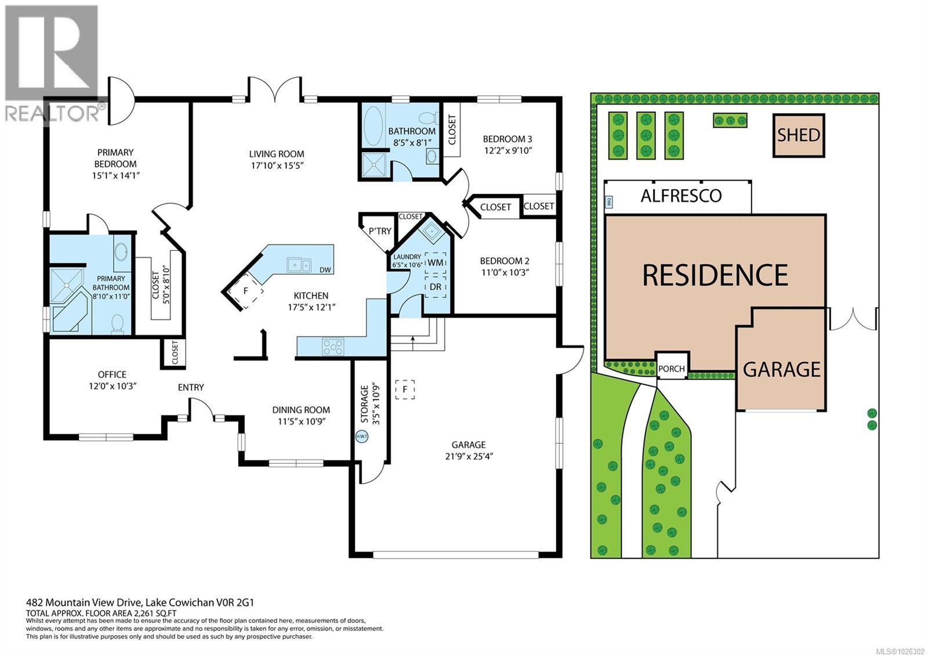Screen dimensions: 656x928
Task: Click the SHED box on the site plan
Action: coord(799,135)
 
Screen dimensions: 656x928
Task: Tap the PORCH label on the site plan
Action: coord(672,368)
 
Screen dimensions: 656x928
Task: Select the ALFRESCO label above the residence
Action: coord(681,196)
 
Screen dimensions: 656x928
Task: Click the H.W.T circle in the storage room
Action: coord(362,437)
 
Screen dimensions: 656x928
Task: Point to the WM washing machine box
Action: coord(436,262)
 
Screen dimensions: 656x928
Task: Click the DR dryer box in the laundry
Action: coord(436,287)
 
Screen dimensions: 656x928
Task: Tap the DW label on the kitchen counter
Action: coord(325,269)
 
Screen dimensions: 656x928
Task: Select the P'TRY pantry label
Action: coord(380,231)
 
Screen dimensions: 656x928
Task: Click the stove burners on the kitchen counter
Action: coord(333,347)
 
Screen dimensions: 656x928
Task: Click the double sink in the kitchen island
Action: coord(299,265)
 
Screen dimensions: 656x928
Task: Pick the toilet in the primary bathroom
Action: coord(118,323)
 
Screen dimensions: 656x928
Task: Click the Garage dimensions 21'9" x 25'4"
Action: coord(469,456)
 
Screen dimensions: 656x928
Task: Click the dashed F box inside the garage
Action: coord(405,389)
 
